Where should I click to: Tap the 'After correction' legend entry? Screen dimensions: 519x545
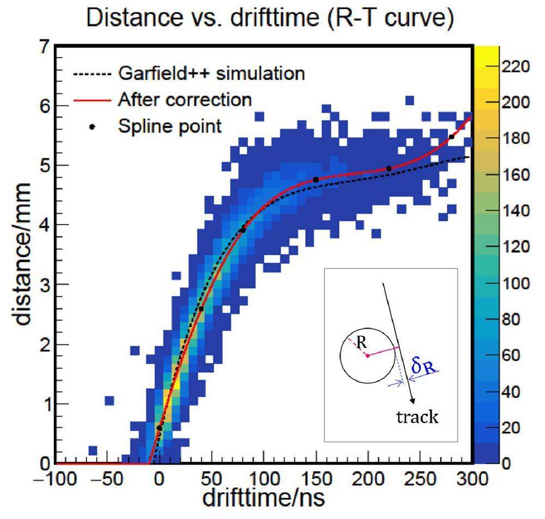point(184,100)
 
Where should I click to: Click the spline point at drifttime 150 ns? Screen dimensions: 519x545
point(316,179)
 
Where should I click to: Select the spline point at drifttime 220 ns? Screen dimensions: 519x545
point(389,169)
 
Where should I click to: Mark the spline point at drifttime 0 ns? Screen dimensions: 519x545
point(159,428)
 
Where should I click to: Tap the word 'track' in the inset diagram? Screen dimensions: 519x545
point(418,418)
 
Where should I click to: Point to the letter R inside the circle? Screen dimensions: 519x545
point(360,343)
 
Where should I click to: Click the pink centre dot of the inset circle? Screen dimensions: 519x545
point(368,355)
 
